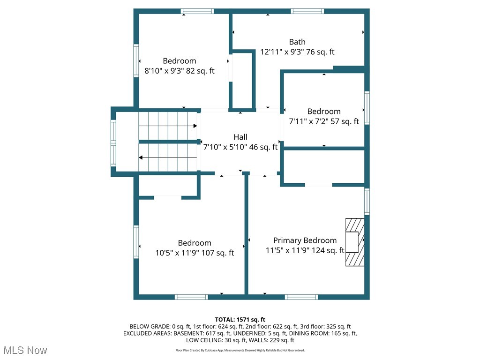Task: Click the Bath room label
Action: pyautogui.click(x=297, y=42)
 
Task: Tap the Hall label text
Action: pyautogui.click(x=240, y=137)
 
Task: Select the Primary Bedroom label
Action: pyautogui.click(x=305, y=240)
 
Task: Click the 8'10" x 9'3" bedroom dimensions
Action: pyautogui.click(x=180, y=71)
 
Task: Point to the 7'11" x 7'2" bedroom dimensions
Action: pyautogui.click(x=324, y=121)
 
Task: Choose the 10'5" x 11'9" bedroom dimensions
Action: pyautogui.click(x=195, y=253)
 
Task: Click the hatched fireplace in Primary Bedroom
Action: pyautogui.click(x=355, y=242)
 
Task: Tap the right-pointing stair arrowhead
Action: pyautogui.click(x=195, y=126)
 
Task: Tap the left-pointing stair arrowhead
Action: pyautogui.click(x=141, y=157)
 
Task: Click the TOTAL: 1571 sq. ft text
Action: pyautogui.click(x=240, y=320)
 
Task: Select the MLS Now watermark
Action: pyautogui.click(x=25, y=351)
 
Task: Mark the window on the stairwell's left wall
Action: pyautogui.click(x=113, y=143)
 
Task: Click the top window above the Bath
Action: pyautogui.click(x=307, y=11)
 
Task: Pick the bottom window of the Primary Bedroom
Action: pyautogui.click(x=301, y=297)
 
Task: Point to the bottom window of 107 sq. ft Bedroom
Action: pyautogui.click(x=191, y=297)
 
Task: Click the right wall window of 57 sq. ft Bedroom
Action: pyautogui.click(x=367, y=108)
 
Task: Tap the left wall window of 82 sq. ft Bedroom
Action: pyautogui.click(x=136, y=60)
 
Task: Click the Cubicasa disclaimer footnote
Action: pyautogui.click(x=240, y=350)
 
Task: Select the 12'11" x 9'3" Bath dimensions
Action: pyautogui.click(x=297, y=52)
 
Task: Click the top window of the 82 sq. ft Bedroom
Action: pyautogui.click(x=197, y=11)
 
